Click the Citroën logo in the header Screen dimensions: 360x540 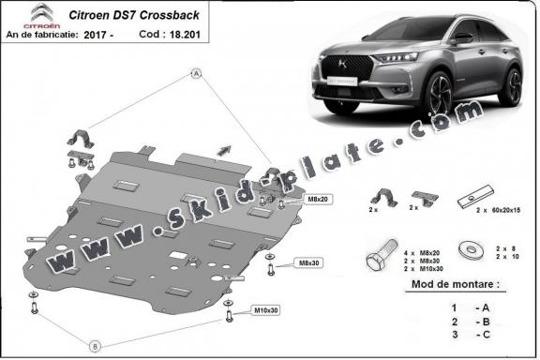coord(21,13)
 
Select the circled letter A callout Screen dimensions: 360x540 coord(197,72)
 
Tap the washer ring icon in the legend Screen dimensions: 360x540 coord(464,251)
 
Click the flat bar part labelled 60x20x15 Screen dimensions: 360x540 coord(469,198)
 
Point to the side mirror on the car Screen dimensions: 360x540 coord(462,37)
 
